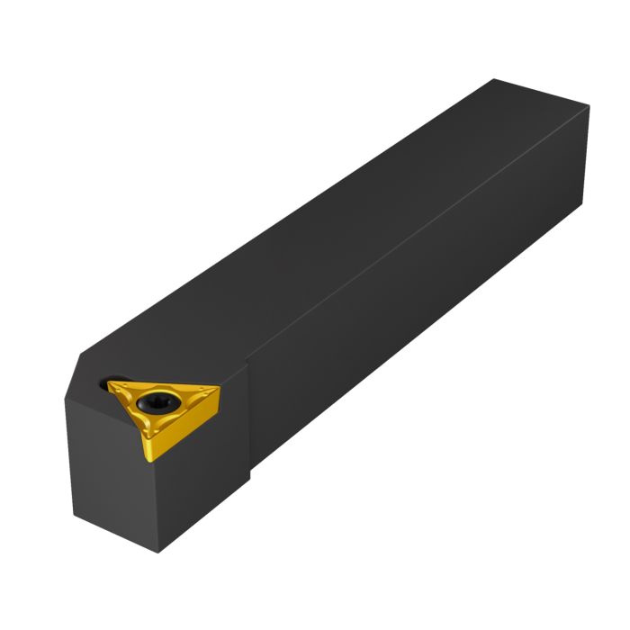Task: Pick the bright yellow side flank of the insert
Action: pos(184,427)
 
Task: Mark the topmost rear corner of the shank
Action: pos(494,79)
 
